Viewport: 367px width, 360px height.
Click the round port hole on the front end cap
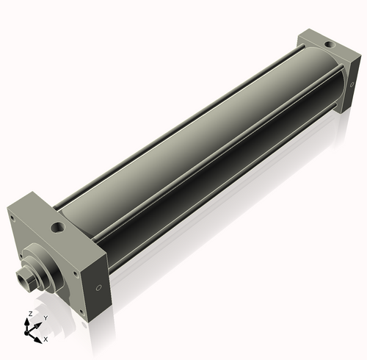(x=58, y=228)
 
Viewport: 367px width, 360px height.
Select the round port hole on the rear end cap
(x=330, y=45)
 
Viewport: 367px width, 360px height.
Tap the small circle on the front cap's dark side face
(x=98, y=288)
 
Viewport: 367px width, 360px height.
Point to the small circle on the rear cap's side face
(x=352, y=84)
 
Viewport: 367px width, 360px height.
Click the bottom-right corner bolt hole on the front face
(x=81, y=312)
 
